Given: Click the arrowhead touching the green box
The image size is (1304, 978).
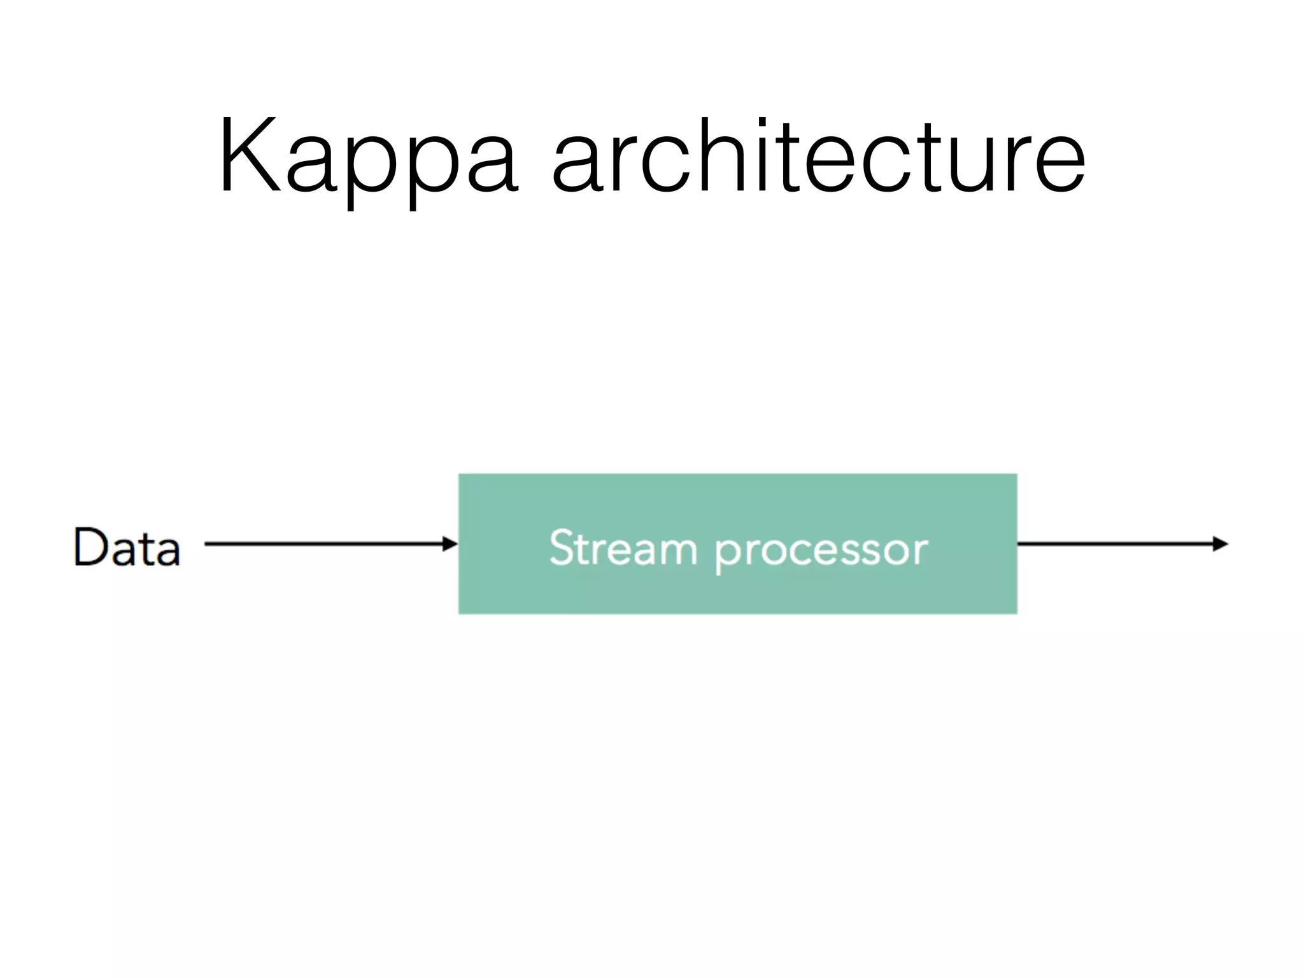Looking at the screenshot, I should coord(451,544).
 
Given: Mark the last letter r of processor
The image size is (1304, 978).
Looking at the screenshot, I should coord(919,551).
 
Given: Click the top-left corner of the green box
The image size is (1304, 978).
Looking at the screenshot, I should coord(460,475).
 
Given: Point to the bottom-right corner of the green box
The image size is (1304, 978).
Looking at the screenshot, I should coord(1016,613).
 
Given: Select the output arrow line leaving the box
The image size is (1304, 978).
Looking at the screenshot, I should coord(1114,544).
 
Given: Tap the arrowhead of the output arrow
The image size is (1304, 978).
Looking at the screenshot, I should coord(1220,544).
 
